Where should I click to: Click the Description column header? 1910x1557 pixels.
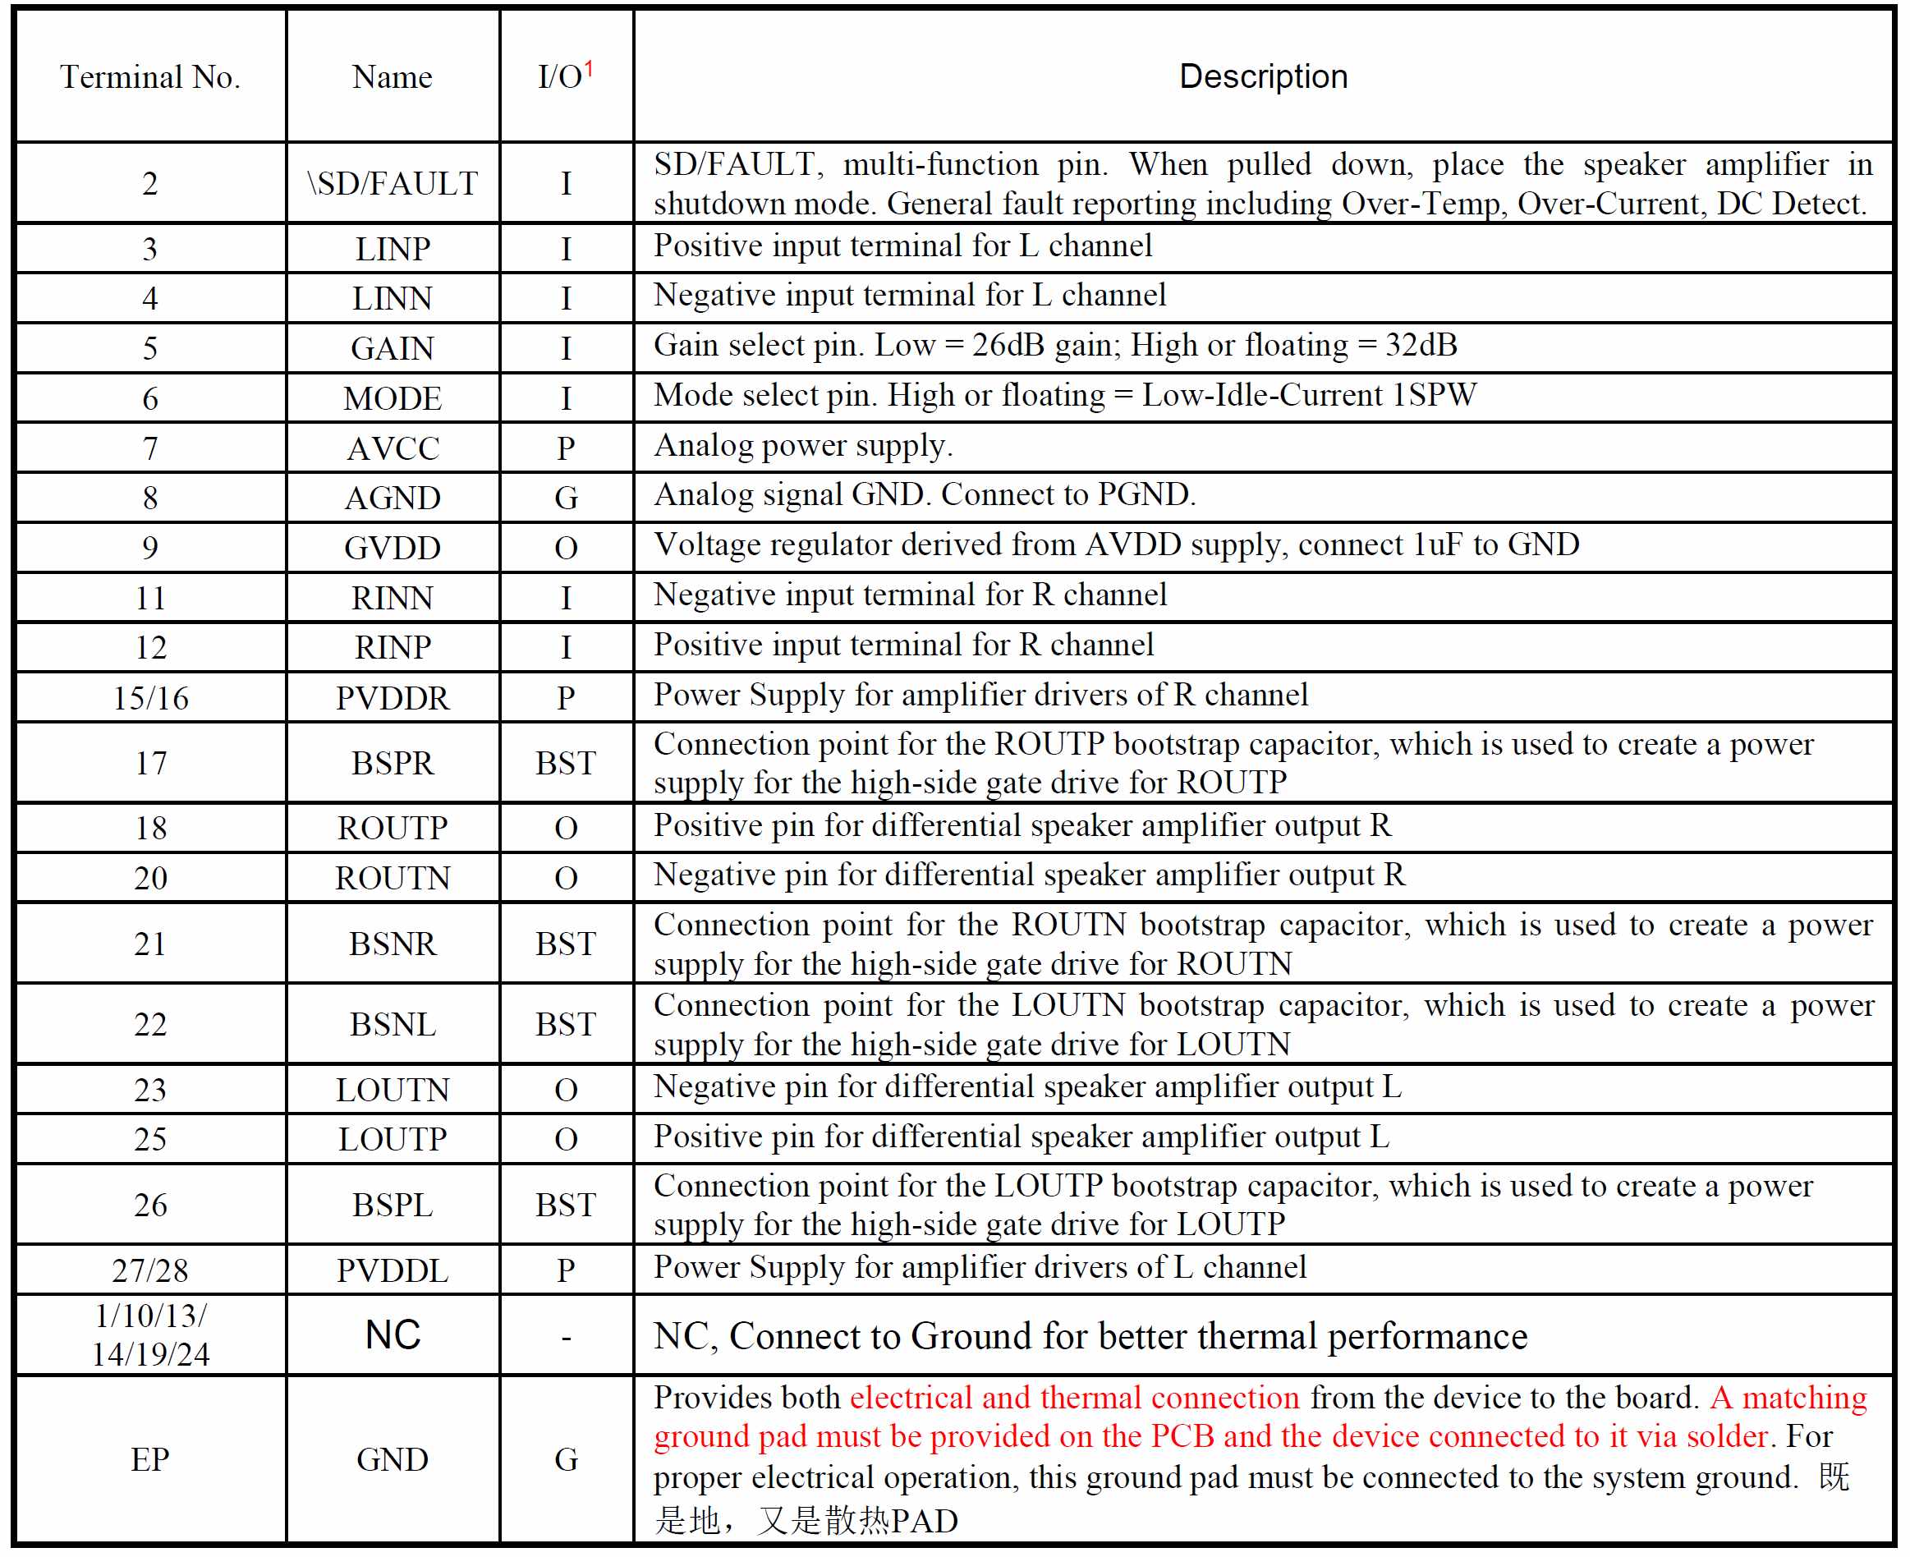click(1263, 76)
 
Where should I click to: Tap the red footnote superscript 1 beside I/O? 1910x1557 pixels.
click(589, 68)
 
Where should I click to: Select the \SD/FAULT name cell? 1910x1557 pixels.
click(393, 183)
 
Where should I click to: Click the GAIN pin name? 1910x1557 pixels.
click(393, 348)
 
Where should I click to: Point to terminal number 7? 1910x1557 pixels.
click(149, 448)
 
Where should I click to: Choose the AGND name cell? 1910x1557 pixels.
click(393, 498)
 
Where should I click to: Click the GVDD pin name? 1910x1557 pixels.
click(393, 548)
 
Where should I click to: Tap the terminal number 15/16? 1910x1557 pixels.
click(149, 698)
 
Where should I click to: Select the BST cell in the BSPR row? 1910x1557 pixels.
click(566, 762)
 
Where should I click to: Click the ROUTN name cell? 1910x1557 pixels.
click(393, 877)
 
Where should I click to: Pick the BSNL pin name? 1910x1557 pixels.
click(393, 1024)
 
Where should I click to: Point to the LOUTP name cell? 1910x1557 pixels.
click(393, 1139)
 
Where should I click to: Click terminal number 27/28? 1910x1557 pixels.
click(149, 1270)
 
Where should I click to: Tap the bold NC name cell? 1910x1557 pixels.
click(393, 1334)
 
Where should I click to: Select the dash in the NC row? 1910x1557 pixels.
click(566, 1337)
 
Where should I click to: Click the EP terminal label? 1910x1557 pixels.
click(149, 1459)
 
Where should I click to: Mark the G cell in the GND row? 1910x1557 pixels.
click(566, 1459)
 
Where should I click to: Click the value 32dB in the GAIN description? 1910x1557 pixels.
click(1421, 345)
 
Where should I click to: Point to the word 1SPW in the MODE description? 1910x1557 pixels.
click(1433, 396)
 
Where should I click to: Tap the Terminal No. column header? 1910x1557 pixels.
click(149, 77)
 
